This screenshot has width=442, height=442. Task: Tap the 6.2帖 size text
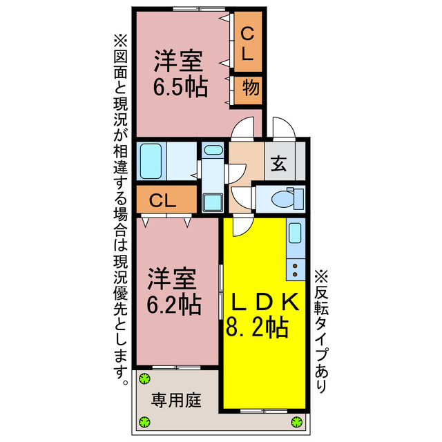tap(174, 303)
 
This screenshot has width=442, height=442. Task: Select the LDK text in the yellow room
tap(265, 302)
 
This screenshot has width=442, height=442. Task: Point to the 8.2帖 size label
tap(257, 327)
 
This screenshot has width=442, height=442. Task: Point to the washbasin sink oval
tap(213, 150)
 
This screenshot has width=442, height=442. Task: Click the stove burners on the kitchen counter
tap(296, 266)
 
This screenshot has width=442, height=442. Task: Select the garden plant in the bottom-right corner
tap(297, 422)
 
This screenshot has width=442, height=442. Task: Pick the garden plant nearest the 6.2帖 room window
tap(144, 378)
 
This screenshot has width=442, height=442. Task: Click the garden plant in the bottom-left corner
tap(144, 422)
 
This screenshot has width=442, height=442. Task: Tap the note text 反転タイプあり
tap(320, 331)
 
